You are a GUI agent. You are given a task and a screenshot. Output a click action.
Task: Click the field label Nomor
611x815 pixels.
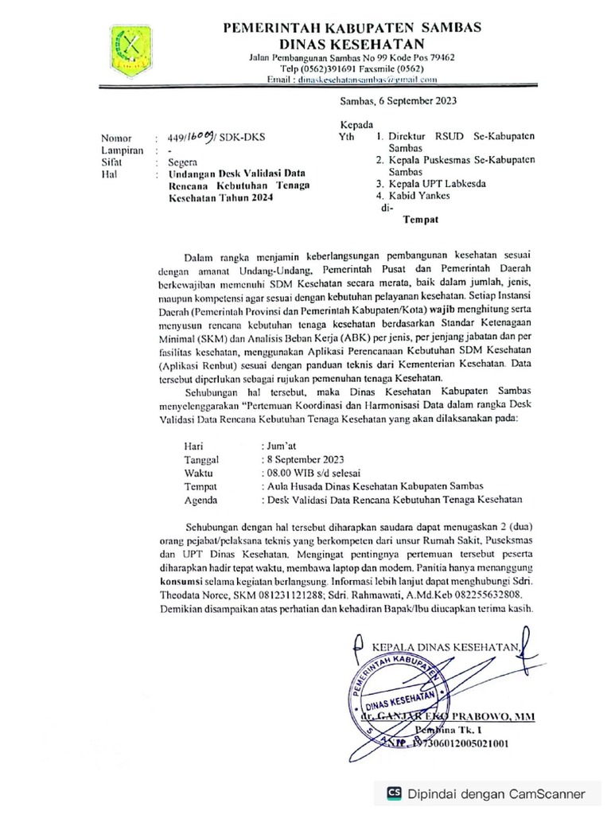115,137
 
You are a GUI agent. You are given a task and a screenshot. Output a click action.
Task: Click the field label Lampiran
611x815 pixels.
122,149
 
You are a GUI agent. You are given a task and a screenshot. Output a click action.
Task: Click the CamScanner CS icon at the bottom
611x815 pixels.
394,794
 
